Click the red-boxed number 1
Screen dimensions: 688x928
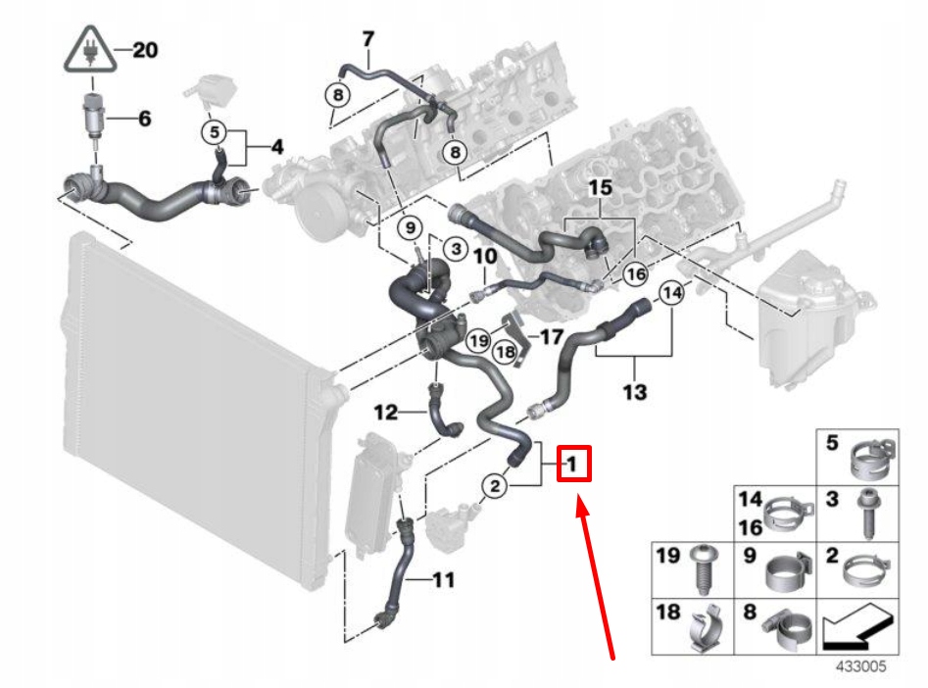coord(573,463)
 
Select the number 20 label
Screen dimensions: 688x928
coord(143,51)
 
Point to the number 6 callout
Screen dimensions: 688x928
coord(144,120)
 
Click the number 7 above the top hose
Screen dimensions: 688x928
coord(368,40)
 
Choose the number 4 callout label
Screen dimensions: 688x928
coord(276,149)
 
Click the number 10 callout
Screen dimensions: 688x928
coord(485,257)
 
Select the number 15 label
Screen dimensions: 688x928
coord(599,185)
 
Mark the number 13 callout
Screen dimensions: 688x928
coord(634,393)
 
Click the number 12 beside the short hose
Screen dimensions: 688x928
coord(385,413)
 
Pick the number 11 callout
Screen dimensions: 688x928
coord(443,580)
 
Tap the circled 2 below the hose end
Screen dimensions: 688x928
coord(496,484)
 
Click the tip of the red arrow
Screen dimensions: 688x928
coord(579,503)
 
